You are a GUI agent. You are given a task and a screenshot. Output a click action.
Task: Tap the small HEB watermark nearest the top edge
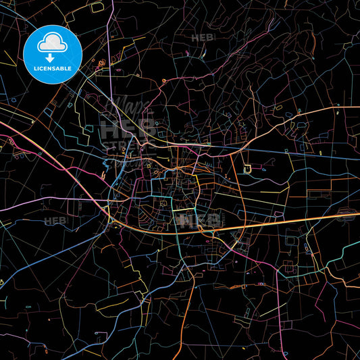(202, 38)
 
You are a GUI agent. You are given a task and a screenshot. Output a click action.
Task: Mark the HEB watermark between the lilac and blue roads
(55, 220)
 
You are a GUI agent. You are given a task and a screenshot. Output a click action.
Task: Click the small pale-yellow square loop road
(248, 168)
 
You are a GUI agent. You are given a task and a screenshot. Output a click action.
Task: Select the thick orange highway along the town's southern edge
(284, 222)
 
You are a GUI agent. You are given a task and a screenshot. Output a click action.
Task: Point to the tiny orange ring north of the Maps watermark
(163, 80)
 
